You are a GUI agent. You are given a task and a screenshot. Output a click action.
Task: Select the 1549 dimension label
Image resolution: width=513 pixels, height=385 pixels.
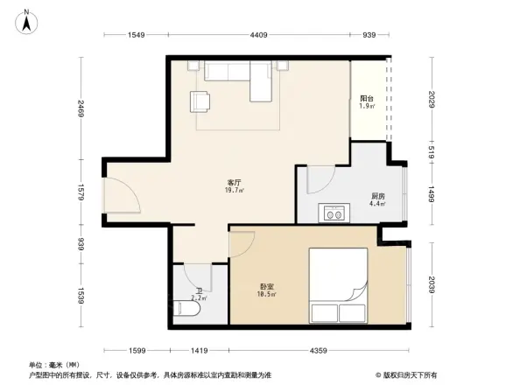pyautogui.click(x=134, y=35)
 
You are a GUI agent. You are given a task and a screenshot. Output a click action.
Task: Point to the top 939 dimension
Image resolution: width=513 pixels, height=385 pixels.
pyautogui.click(x=369, y=35)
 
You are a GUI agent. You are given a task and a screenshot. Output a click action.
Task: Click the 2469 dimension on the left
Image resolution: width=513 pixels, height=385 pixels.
pyautogui.click(x=81, y=109)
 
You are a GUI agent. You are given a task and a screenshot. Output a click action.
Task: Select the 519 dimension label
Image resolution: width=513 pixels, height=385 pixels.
pyautogui.click(x=432, y=150)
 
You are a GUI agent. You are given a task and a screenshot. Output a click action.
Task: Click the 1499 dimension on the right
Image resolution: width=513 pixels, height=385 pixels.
pyautogui.click(x=432, y=193)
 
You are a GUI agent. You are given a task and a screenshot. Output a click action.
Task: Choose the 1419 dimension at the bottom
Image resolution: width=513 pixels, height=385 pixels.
pyautogui.click(x=200, y=351)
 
